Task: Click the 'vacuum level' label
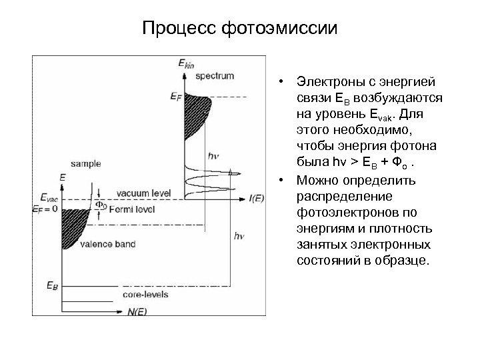[x=143, y=193]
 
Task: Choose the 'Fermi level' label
[x=137, y=209]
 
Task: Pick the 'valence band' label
[x=107, y=244]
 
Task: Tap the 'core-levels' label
[x=145, y=294]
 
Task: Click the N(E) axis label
[x=137, y=311]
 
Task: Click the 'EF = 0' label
[x=45, y=209]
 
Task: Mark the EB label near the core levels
[x=51, y=285]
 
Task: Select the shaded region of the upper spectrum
[x=197, y=110]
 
